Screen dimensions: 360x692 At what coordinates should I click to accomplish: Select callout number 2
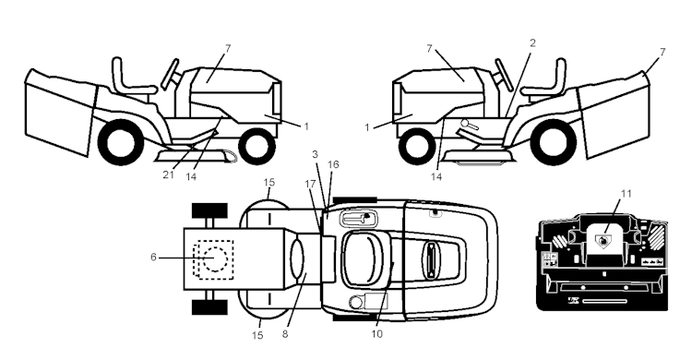[532, 43]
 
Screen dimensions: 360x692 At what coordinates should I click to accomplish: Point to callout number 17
[311, 184]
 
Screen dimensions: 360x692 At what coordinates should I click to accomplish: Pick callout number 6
[153, 258]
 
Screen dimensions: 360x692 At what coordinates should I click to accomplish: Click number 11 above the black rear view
[626, 194]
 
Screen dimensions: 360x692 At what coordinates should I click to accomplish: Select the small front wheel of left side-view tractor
[257, 146]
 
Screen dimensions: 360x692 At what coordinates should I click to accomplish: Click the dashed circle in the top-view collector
[215, 260]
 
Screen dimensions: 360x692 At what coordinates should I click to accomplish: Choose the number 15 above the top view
[270, 184]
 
